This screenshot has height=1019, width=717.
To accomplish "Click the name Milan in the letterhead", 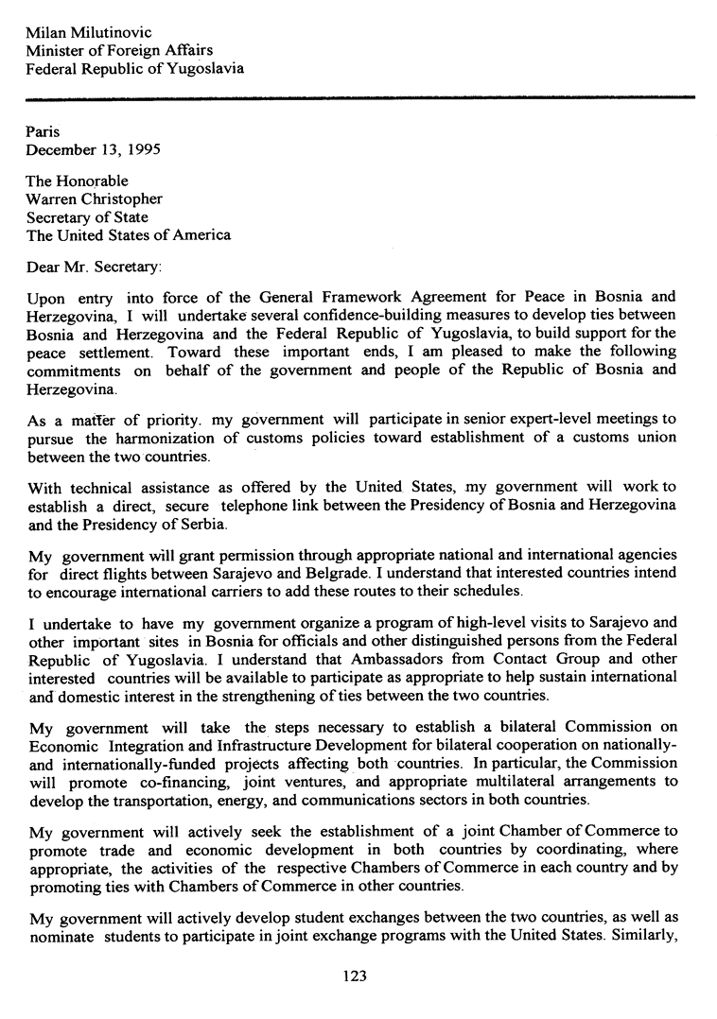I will click(46, 32).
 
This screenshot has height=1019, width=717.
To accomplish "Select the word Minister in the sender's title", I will click(55, 50).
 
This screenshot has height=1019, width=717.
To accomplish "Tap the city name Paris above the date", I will click(43, 131).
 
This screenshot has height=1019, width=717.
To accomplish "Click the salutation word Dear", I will click(44, 267).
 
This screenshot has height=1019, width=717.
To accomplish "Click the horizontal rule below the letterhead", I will click(359, 96).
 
